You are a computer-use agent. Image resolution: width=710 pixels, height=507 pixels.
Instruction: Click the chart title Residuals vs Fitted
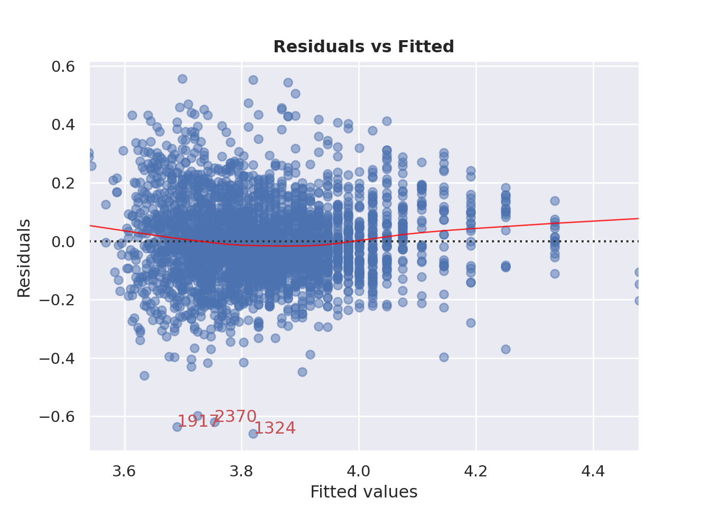(363, 47)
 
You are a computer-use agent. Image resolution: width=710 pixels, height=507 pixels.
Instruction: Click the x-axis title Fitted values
(363, 492)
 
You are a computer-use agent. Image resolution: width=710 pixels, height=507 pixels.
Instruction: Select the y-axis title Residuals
(24, 258)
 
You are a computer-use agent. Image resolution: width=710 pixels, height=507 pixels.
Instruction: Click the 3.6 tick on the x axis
(125, 471)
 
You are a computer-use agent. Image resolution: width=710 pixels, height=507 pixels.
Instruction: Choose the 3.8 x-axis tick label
(241, 471)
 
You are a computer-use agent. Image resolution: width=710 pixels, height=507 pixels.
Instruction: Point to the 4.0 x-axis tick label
(359, 471)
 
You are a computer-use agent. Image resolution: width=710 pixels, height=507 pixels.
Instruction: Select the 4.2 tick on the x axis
(476, 471)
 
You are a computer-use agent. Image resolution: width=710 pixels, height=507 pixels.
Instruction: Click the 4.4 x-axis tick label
(593, 471)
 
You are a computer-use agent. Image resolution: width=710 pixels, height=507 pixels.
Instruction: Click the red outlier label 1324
(275, 428)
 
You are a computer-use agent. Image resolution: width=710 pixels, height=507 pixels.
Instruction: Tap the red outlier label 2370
(236, 417)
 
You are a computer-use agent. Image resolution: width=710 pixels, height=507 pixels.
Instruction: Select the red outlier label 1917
(197, 421)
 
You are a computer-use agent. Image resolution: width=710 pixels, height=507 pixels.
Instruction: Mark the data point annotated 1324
(253, 434)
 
